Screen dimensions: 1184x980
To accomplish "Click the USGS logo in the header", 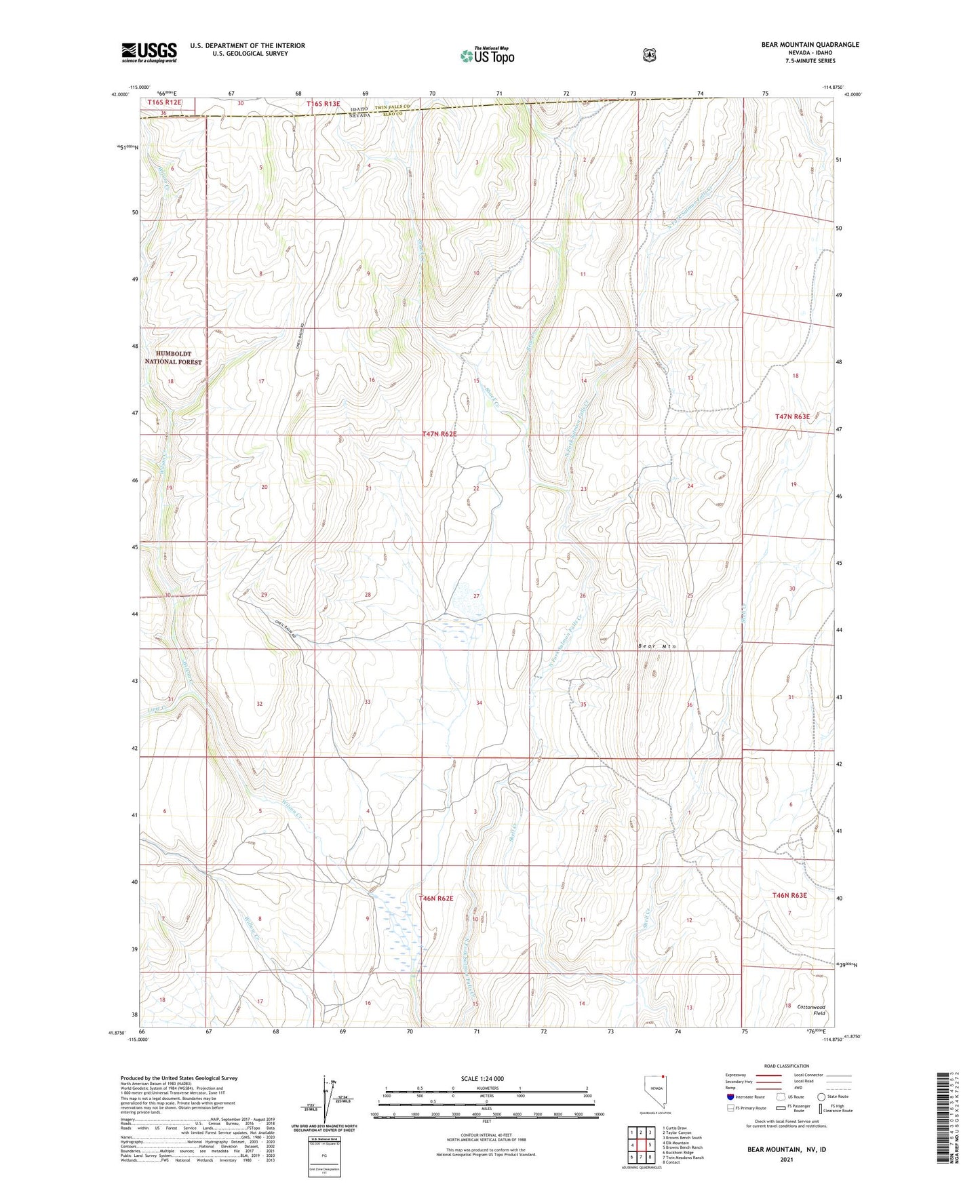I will (149, 52).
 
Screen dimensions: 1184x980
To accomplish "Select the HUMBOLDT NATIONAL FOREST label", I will (173, 358).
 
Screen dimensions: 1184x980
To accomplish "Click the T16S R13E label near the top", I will (323, 103).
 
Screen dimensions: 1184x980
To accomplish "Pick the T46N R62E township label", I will (435, 898).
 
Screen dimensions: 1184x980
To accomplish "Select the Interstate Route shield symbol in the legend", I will (730, 1097).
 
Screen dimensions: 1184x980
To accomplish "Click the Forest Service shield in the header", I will (649, 55).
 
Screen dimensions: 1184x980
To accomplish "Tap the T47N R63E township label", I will (792, 417).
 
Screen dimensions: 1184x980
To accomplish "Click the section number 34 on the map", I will (479, 703).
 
